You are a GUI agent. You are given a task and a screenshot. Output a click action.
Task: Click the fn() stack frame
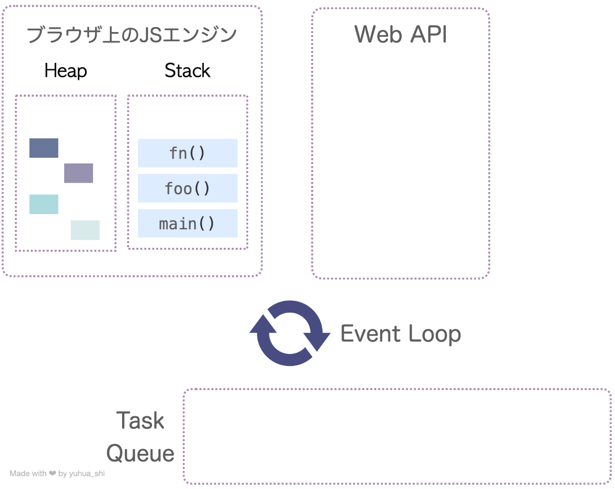188,153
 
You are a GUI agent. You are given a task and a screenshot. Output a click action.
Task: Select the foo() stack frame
188,188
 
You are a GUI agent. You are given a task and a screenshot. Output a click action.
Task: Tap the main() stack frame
188,223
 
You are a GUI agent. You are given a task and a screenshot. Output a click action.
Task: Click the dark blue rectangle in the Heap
44,148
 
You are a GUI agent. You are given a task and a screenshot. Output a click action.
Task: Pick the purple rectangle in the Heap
79,173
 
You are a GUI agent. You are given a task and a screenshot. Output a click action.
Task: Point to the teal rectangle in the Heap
44,204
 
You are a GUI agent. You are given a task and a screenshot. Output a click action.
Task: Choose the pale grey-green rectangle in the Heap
85,230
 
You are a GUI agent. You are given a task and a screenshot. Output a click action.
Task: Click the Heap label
66,71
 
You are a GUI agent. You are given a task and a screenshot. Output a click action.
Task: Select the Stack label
188,70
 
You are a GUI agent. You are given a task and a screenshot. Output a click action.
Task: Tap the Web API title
400,34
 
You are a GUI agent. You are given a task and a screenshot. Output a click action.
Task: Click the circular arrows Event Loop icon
290,333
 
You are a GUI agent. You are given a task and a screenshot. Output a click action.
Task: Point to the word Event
371,333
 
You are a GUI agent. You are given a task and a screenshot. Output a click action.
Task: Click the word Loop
434,334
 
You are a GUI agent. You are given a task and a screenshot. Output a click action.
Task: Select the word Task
140,420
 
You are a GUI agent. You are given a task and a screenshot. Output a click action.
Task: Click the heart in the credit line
52,474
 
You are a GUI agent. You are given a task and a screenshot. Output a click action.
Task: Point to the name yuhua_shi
87,474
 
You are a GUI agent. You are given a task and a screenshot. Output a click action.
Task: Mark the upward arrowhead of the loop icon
263,324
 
